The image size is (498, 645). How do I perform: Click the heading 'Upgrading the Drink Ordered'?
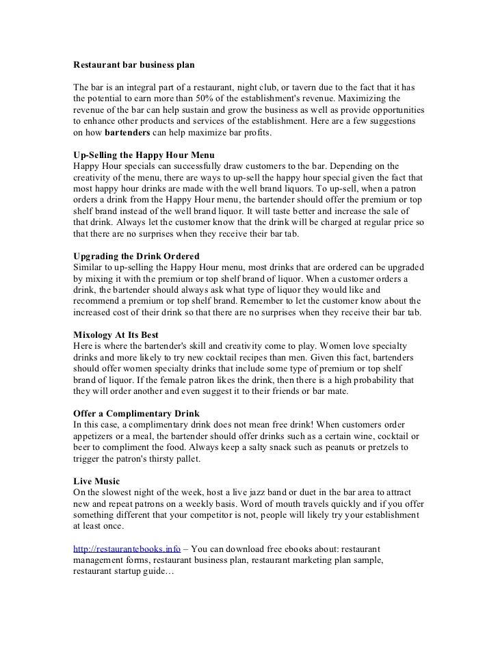[x=136, y=256]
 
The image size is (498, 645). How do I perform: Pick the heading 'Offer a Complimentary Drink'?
[x=136, y=413]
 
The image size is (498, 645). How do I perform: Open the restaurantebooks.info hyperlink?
[x=127, y=549]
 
